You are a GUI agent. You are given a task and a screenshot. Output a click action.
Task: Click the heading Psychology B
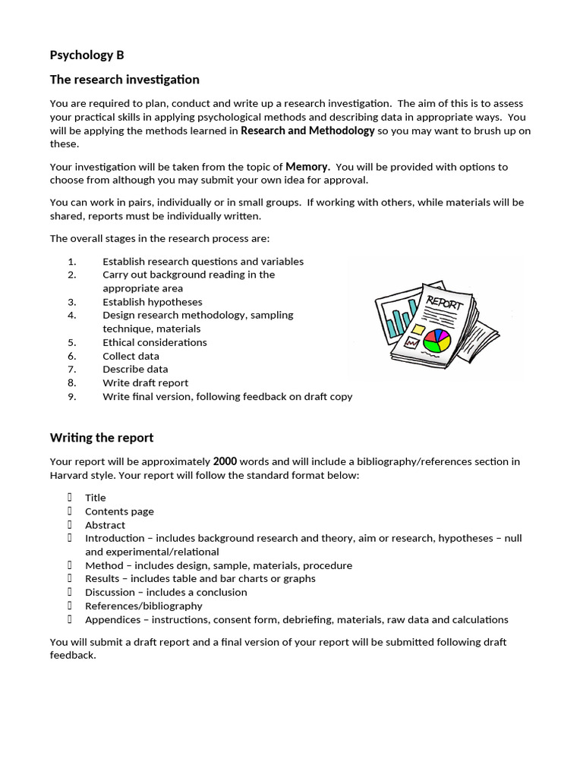[x=87, y=55]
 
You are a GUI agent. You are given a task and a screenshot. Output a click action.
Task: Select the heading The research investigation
[x=124, y=80]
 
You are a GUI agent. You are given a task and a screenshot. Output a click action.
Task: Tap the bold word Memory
[x=307, y=166]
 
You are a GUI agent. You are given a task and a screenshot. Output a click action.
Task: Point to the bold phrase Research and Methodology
[x=307, y=131]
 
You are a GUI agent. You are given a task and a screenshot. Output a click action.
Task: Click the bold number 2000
[x=225, y=461]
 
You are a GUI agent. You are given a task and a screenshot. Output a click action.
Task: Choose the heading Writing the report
[x=102, y=438]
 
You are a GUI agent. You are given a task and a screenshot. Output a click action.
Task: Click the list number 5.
[x=72, y=342]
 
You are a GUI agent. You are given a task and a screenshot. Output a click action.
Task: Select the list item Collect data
[x=131, y=356]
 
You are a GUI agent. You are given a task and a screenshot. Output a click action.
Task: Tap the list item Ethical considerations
[x=155, y=342]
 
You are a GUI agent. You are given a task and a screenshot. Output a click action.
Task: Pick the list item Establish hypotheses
[x=153, y=302]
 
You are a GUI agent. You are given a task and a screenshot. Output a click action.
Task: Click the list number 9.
[x=72, y=396]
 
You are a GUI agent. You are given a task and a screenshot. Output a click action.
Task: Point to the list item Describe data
[x=135, y=370]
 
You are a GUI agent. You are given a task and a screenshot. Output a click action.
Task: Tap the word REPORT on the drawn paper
[x=444, y=302]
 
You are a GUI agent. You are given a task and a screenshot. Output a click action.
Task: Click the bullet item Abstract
[x=105, y=525]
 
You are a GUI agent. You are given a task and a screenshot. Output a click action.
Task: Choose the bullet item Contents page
[x=119, y=511]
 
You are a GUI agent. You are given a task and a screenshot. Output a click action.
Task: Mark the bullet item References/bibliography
[x=143, y=606]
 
